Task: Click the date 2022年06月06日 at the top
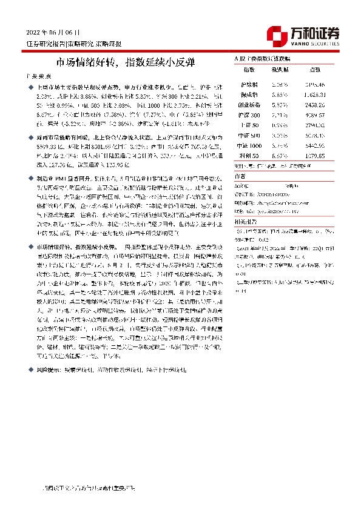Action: pos(53,31)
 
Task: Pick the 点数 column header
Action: pos(315,70)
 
